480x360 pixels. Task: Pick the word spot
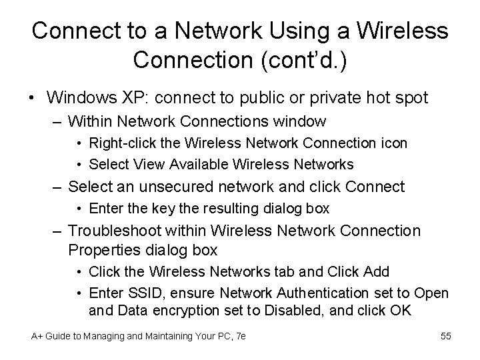pyautogui.click(x=409, y=98)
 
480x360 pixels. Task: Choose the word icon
pyautogui.click(x=393, y=143)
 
